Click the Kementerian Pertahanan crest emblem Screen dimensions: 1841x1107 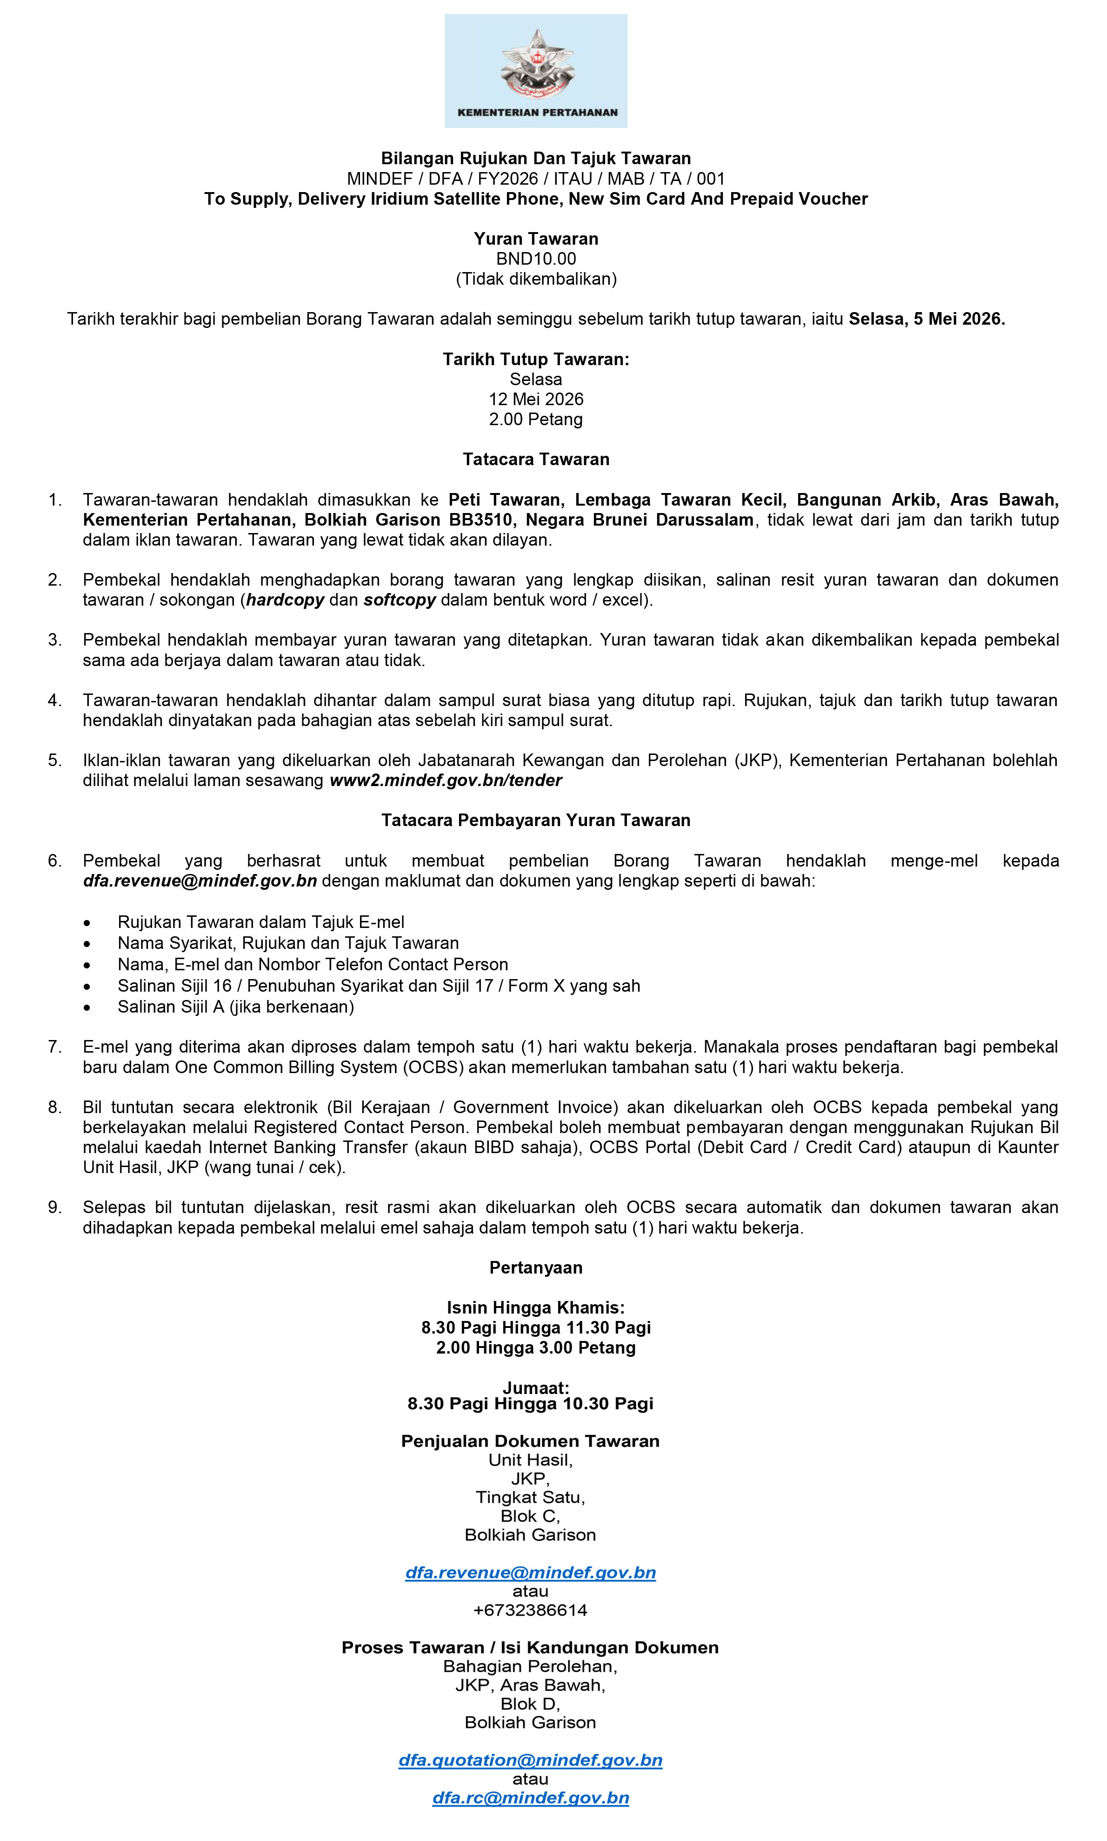coord(536,66)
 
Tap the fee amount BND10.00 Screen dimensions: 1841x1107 coord(536,259)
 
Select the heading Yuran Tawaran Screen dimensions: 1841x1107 coord(536,239)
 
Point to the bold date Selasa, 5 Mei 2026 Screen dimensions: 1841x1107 coord(927,319)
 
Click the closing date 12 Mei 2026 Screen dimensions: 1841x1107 coord(536,399)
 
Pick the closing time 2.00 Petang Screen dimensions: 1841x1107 coord(536,419)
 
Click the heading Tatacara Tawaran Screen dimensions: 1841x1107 coord(536,460)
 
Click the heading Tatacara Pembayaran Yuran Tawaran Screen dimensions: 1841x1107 coord(536,820)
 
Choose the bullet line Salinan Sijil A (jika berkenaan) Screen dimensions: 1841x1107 coord(236,1007)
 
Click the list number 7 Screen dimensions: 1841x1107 coord(54,1047)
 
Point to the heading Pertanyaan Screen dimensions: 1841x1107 coord(536,1268)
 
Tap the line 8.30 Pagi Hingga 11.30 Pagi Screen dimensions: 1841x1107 coord(536,1328)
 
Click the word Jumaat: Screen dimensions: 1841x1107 coord(536,1387)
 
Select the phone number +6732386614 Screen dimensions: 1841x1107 coord(530,1610)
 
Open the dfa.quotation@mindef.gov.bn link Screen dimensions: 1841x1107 coord(530,1761)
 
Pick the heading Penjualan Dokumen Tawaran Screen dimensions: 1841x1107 coord(530,1441)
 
